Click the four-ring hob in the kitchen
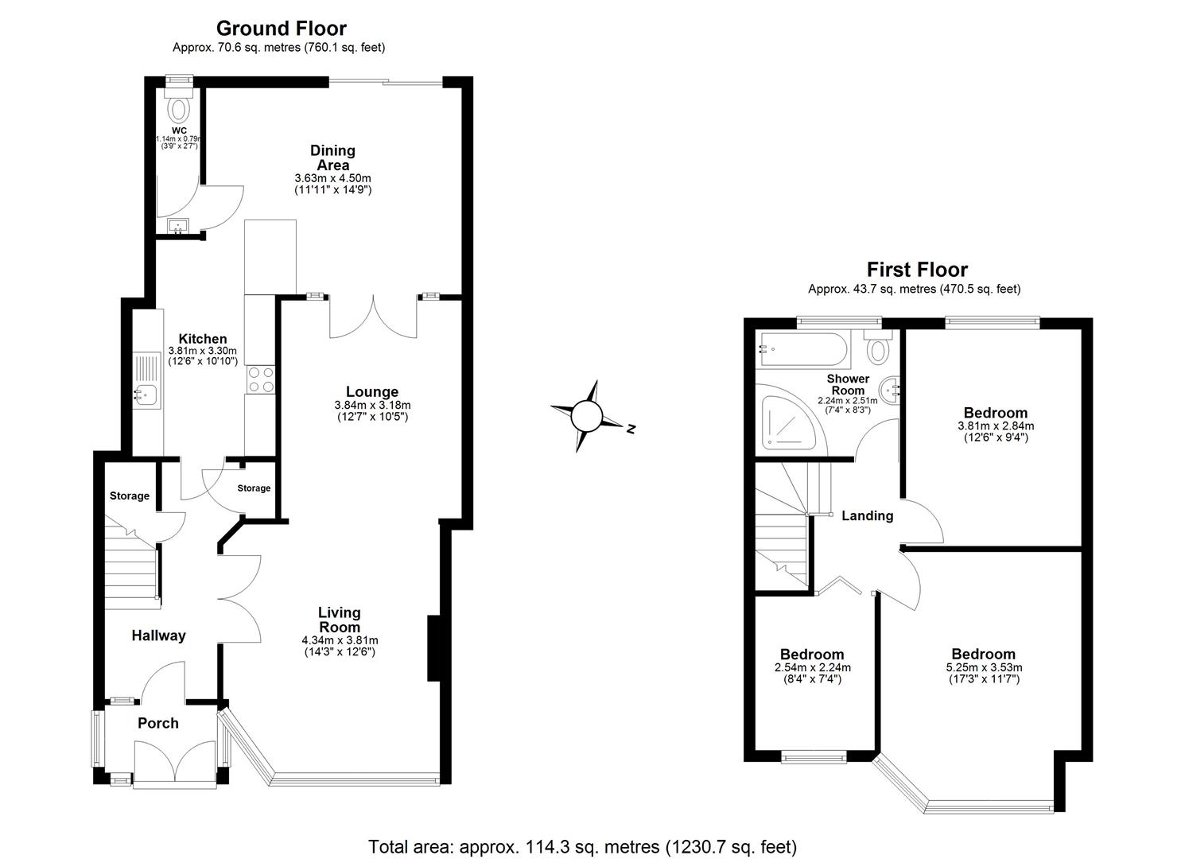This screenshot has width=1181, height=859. coord(262,379)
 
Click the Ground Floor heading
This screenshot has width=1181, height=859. coord(281,29)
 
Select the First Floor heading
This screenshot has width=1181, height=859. coord(916,270)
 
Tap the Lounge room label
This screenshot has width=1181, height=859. coord(371,392)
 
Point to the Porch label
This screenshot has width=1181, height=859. coord(157,723)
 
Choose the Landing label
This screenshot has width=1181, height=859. coord(867,515)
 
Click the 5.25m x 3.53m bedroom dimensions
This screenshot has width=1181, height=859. coord(985,667)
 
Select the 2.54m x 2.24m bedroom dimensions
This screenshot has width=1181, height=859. coord(812,667)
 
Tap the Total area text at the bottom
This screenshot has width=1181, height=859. coord(581,846)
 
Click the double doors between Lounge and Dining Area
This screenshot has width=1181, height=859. coord(372,315)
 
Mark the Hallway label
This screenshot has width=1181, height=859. coord(158,636)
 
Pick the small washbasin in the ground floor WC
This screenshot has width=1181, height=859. coord(177,227)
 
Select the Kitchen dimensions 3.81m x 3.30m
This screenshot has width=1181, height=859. coord(202,351)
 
